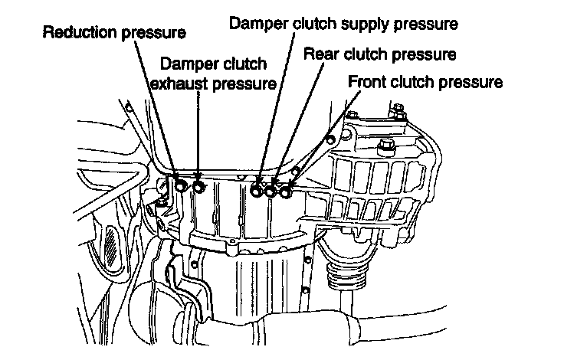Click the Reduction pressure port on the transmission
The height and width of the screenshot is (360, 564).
[179, 186]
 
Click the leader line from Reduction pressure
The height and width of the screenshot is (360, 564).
[158, 107]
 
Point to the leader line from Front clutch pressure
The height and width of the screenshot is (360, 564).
[322, 138]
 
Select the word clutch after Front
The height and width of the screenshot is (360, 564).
[421, 81]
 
